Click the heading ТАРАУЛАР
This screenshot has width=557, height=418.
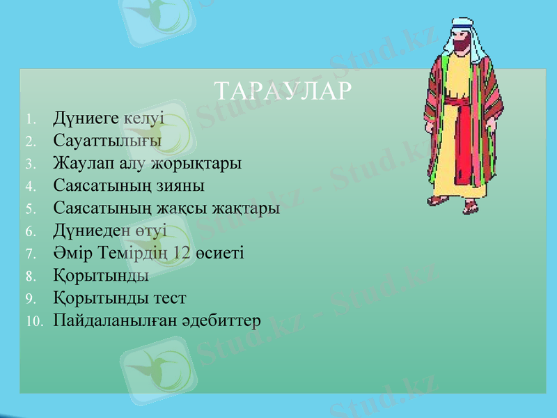coord(281,91)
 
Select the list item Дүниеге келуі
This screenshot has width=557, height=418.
coord(109,117)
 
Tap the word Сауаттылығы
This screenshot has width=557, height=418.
coord(107,141)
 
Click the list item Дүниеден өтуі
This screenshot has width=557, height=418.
coord(110,231)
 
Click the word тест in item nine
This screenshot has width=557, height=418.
coord(169,298)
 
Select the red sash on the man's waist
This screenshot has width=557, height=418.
coord(460,104)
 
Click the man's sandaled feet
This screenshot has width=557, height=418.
coord(456,204)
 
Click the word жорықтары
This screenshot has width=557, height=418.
coord(202,164)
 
